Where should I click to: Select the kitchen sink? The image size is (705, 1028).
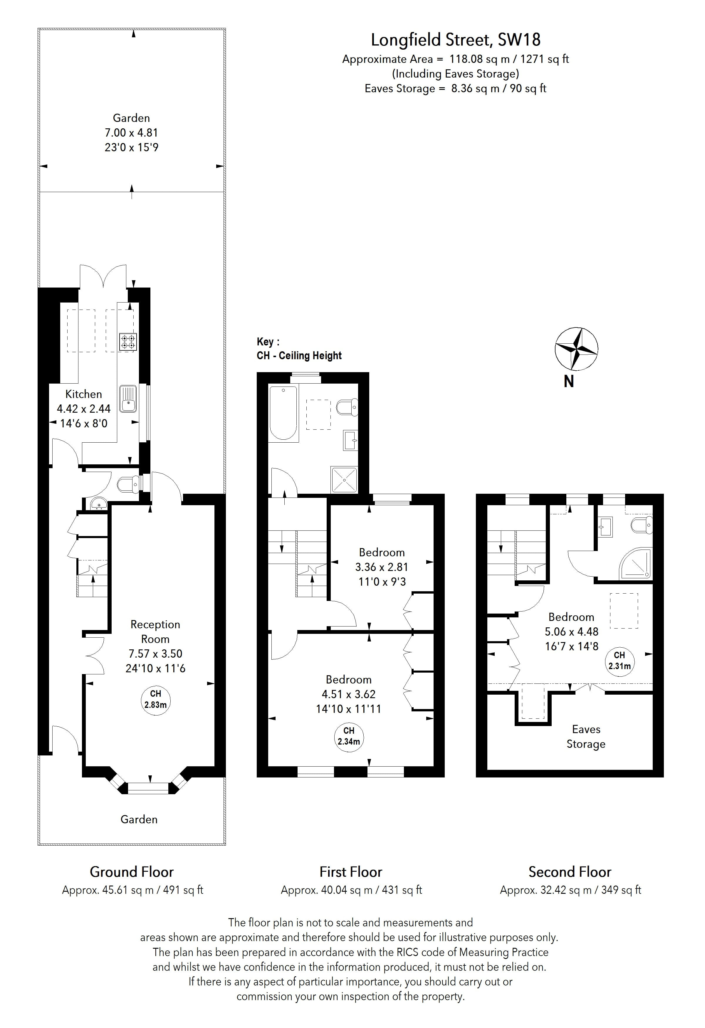pyautogui.click(x=128, y=399)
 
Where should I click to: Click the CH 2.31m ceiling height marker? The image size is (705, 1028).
pyautogui.click(x=619, y=661)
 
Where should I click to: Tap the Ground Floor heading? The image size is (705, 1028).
pyautogui.click(x=132, y=872)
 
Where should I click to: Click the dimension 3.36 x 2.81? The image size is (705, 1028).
pyautogui.click(x=381, y=567)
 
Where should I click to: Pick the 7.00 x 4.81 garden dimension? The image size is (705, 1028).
pyautogui.click(x=131, y=133)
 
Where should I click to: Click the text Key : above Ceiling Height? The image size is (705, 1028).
pyautogui.click(x=268, y=342)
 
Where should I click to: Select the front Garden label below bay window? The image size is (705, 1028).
pyautogui.click(x=139, y=819)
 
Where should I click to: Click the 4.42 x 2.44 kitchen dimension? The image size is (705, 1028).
pyautogui.click(x=84, y=409)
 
